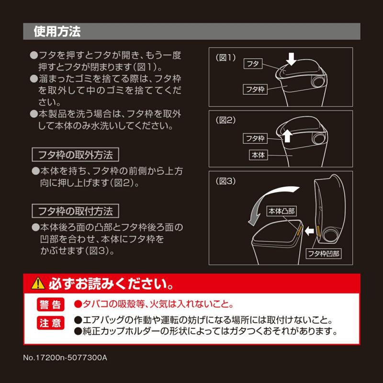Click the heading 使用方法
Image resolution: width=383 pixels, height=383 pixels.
pyautogui.click(x=57, y=32)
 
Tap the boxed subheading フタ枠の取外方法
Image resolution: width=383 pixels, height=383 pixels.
pyautogui.click(x=75, y=155)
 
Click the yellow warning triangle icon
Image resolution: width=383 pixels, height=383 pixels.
pyautogui.click(x=37, y=284)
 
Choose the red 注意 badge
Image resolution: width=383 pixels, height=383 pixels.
pyautogui.click(x=50, y=323)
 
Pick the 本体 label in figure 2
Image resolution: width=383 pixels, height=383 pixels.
pyautogui.click(x=258, y=155)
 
